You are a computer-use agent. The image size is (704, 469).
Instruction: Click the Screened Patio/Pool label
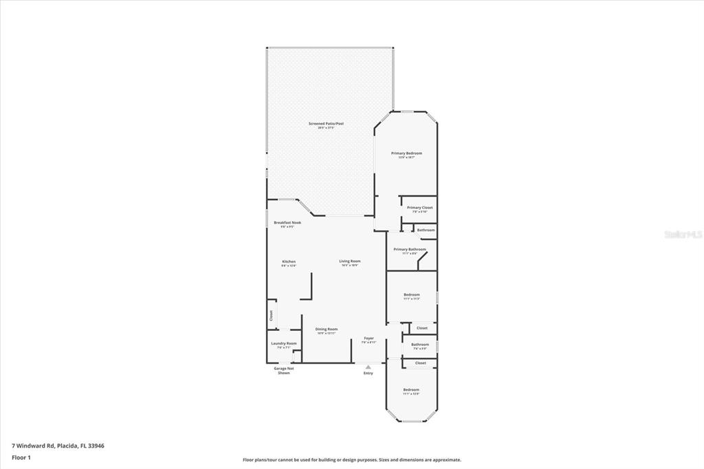(326, 124)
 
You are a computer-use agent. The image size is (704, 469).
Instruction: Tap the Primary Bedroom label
(406, 153)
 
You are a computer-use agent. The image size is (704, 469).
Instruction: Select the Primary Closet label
(419, 208)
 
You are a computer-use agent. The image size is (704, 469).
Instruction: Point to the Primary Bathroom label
(410, 250)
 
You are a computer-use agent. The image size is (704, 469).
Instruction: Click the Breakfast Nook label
(287, 223)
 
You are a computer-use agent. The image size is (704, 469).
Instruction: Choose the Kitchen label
(289, 262)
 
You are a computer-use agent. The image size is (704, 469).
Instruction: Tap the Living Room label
(350, 261)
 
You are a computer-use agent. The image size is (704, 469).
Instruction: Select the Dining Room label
(327, 329)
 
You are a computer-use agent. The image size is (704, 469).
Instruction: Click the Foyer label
(368, 338)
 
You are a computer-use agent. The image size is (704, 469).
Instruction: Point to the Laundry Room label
(284, 343)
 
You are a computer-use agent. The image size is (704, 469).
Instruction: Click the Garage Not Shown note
(284, 371)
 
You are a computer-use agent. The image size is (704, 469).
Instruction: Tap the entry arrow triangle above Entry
(368, 367)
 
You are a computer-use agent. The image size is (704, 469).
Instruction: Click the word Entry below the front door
(368, 373)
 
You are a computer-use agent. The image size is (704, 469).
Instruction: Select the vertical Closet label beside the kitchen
(271, 316)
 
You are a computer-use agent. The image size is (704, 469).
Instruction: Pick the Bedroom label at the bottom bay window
(411, 390)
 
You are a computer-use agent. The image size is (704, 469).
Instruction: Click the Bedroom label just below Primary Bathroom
(411, 295)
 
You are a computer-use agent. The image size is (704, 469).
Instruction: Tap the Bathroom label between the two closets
(420, 345)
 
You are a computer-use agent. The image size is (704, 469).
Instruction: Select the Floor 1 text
(21, 457)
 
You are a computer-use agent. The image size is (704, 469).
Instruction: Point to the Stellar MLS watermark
(683, 235)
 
